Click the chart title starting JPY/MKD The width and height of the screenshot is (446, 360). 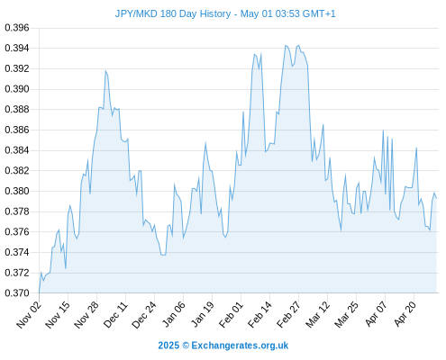225,13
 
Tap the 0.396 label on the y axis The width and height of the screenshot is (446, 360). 17,28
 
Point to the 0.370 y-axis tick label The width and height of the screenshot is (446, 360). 17,292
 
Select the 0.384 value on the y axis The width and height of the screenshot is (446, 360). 17,150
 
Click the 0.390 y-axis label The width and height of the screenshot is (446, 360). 17,89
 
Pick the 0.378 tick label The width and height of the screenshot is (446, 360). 17,211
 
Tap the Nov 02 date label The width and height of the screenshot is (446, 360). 29,314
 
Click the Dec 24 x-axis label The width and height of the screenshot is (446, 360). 144,314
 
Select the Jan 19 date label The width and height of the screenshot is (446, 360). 202,314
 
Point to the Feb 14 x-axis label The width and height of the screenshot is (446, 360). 259,314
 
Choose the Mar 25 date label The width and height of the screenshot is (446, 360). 346,314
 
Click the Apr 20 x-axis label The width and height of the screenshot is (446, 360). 405,314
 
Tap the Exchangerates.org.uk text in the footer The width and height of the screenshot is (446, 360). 240,346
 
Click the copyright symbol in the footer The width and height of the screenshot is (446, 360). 186,346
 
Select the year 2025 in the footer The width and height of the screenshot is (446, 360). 168,346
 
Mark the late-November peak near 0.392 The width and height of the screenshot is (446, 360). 105,71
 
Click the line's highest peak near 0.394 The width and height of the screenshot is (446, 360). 286,46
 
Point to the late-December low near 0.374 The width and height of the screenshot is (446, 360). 163,255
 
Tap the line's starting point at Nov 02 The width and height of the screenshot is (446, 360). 39,292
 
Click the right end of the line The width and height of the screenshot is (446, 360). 436,198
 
